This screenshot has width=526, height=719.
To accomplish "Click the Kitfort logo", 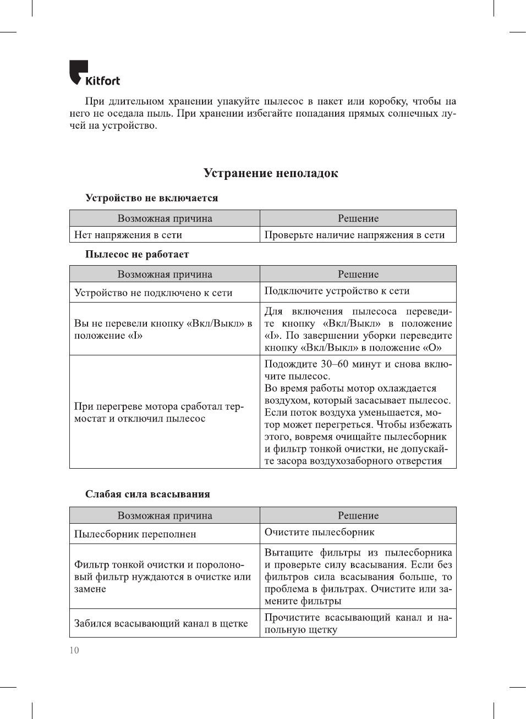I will pyautogui.click(x=94, y=74).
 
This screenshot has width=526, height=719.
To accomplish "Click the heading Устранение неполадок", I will pyautogui.click(x=271, y=173).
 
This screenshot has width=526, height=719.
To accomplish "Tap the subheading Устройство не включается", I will pyautogui.click(x=151, y=198).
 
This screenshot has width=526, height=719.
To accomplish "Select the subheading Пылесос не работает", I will pyautogui.click(x=137, y=254).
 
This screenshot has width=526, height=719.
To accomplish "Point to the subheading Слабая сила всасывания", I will pyautogui.click(x=147, y=494).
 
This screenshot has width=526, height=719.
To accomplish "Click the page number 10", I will pyautogui.click(x=74, y=650).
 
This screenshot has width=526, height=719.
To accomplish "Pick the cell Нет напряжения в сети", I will pyautogui.click(x=128, y=235).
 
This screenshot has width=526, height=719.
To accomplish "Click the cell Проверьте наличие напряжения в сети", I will pyautogui.click(x=354, y=235).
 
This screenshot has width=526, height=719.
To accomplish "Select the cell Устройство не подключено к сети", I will pyautogui.click(x=154, y=293).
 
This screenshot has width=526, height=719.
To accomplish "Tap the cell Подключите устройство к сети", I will pyautogui.click(x=337, y=290).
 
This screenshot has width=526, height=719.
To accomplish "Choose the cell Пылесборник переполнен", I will pyautogui.click(x=135, y=534).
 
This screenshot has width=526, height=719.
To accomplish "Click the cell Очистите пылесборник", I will pyautogui.click(x=319, y=532).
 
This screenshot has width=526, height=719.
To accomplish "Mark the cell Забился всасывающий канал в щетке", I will pyautogui.click(x=161, y=623).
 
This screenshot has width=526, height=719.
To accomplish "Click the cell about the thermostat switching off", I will pyautogui.click(x=158, y=413).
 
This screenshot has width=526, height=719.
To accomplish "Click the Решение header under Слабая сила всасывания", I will pyautogui.click(x=358, y=515).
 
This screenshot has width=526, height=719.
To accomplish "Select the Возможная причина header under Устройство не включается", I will pyautogui.click(x=165, y=218).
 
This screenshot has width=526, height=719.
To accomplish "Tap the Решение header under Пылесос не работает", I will pyautogui.click(x=358, y=275).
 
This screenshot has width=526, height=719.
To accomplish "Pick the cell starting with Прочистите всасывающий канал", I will pyautogui.click(x=358, y=623).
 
